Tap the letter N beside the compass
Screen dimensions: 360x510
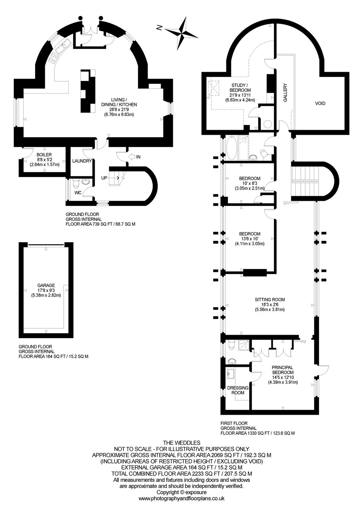pyautogui.click(x=159, y=28)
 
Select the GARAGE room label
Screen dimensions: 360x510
pyautogui.click(x=46, y=285)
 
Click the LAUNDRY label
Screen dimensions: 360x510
pyautogui.click(x=82, y=161)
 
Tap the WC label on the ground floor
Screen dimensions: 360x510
pyautogui.click(x=78, y=193)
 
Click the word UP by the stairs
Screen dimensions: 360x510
pyautogui.click(x=104, y=178)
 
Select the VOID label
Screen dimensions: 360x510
pyautogui.click(x=320, y=103)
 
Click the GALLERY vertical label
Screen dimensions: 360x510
pyautogui.click(x=285, y=92)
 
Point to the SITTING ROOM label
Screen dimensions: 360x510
pyautogui.click(x=270, y=299)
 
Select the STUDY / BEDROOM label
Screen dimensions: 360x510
pyautogui.click(x=238, y=88)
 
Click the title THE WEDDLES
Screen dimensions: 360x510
pyautogui.click(x=181, y=443)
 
